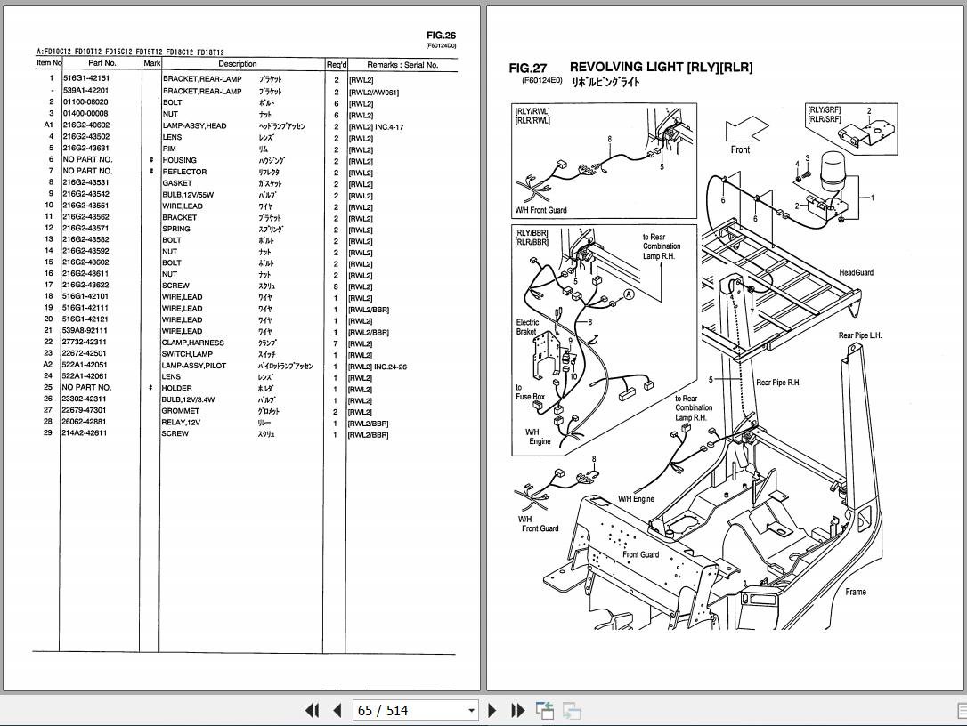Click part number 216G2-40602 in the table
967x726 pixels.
click(x=85, y=126)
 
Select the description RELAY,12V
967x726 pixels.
click(x=181, y=423)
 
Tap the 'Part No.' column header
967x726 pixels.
click(x=102, y=64)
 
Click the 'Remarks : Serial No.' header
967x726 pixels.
click(x=402, y=65)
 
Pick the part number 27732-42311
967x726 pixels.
click(x=85, y=343)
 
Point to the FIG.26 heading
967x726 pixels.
click(x=441, y=36)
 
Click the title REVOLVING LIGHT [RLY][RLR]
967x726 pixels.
click(x=661, y=68)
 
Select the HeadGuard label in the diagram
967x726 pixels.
click(x=856, y=273)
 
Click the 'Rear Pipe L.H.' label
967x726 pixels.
click(x=859, y=335)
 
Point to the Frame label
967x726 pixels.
click(x=855, y=592)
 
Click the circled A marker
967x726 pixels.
click(x=629, y=294)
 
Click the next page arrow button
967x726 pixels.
click(x=492, y=710)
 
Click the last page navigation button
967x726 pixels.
click(x=517, y=710)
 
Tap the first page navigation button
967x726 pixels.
click(x=312, y=710)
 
